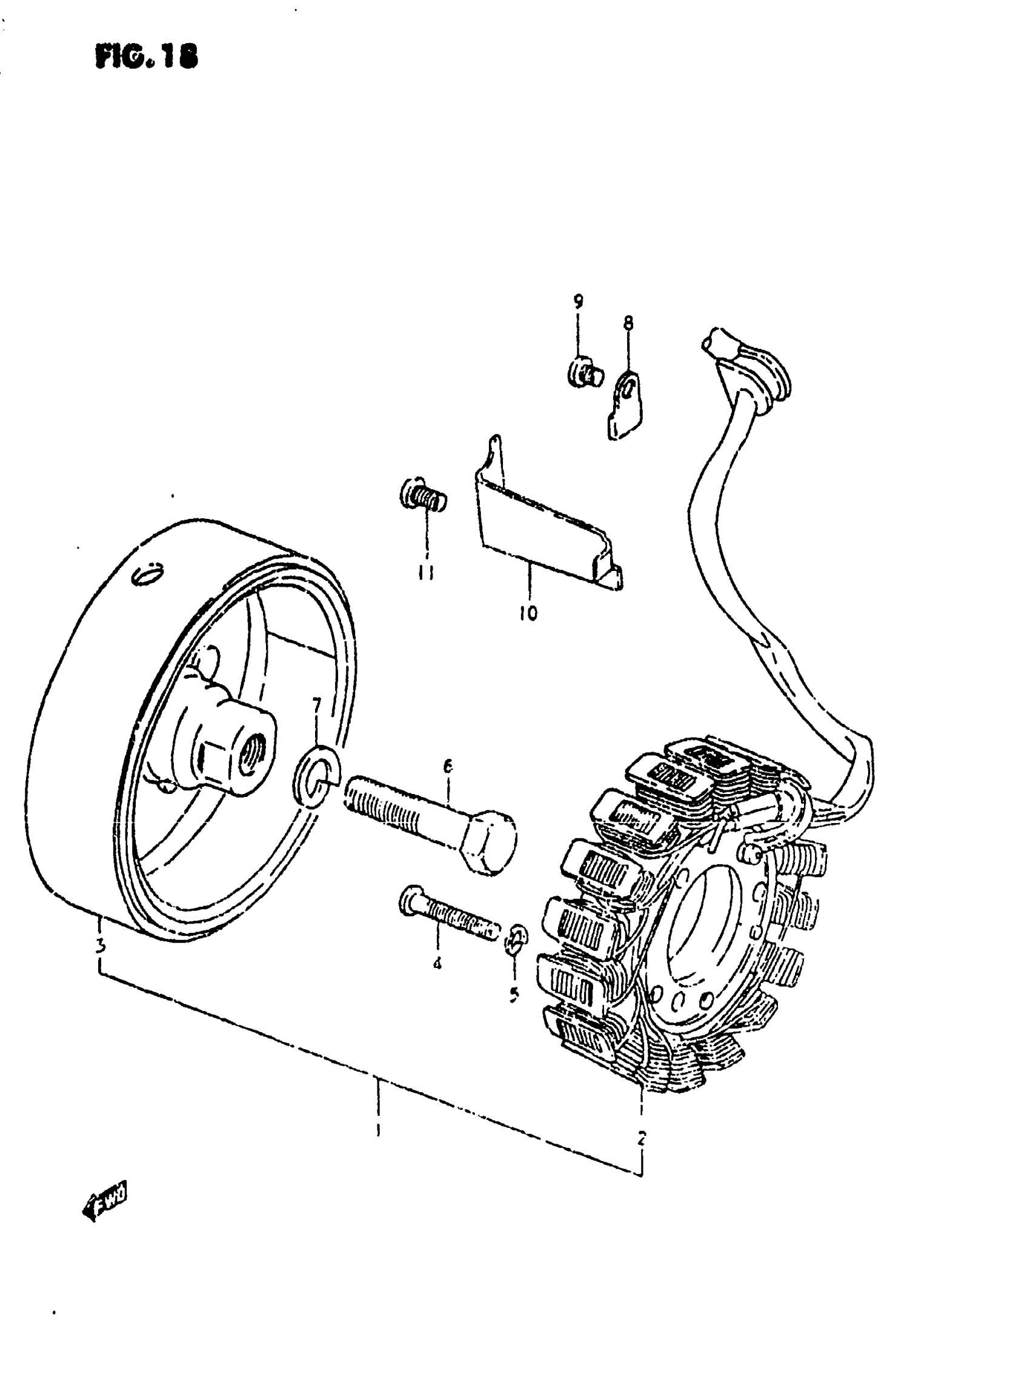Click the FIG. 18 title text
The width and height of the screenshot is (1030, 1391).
(146, 57)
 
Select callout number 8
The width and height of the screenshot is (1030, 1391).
(628, 322)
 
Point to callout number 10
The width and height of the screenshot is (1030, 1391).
(528, 613)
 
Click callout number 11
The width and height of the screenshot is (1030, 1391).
(427, 572)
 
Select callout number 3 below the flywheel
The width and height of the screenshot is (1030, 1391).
(100, 946)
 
